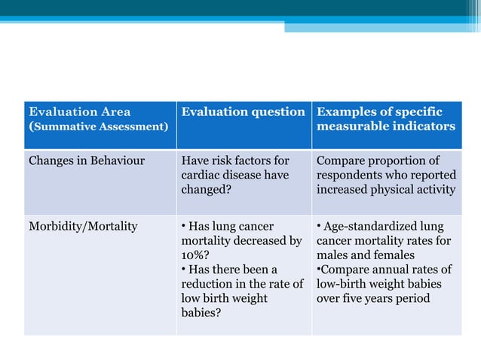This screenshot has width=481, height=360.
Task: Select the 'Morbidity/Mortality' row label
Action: pos(83,227)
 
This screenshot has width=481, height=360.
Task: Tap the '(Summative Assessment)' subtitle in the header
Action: pos(98,127)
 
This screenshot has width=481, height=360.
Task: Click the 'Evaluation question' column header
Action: pos(243,112)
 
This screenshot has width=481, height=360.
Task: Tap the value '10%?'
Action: pos(195,255)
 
